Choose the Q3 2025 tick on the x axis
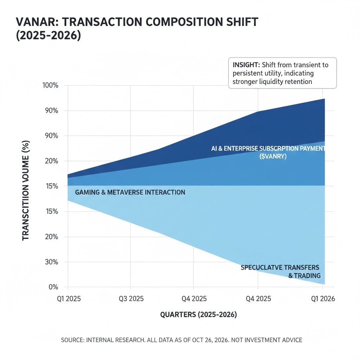131,299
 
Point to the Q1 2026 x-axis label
323,299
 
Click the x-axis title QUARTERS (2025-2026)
198,315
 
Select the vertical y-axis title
26,190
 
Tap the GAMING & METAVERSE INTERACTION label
130,192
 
